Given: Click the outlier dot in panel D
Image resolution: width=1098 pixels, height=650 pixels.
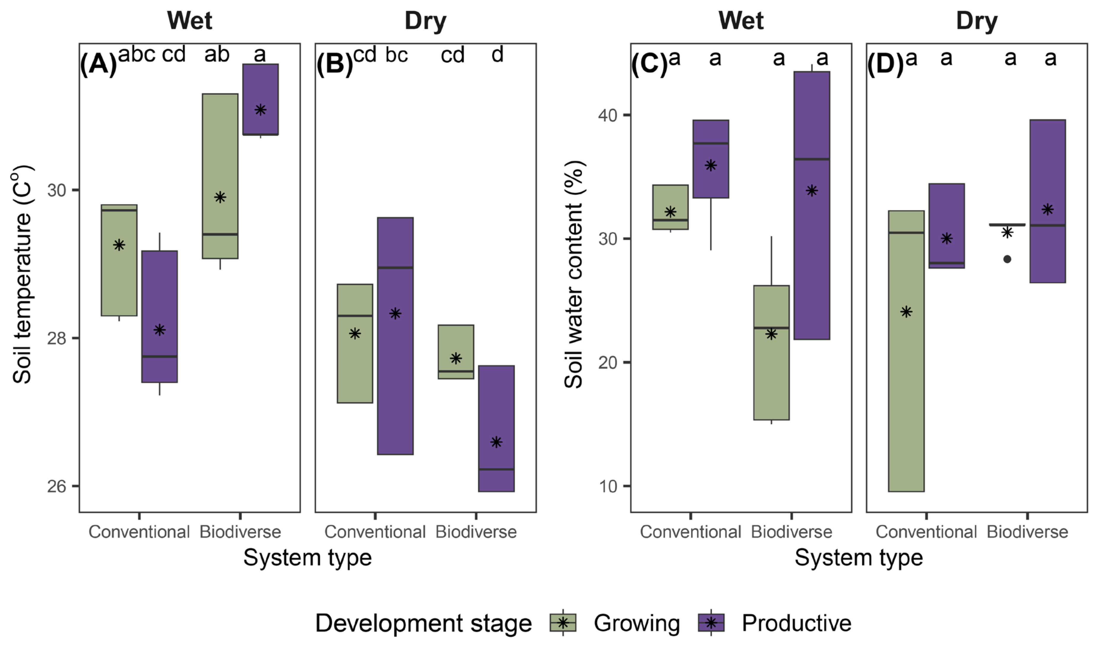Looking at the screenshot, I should (x=1007, y=259).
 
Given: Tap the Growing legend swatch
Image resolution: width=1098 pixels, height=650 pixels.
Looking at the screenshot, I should (x=563, y=622).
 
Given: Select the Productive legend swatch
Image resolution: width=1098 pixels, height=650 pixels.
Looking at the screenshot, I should (x=711, y=622).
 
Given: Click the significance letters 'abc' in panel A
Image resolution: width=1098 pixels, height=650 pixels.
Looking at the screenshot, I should (x=137, y=54).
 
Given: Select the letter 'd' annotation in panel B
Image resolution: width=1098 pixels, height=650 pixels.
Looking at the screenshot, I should (x=497, y=55).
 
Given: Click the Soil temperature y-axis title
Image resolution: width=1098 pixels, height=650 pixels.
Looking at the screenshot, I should (x=22, y=274).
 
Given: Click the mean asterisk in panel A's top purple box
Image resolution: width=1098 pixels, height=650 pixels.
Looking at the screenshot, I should (x=260, y=110).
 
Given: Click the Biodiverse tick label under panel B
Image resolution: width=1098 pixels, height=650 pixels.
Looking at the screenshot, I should (x=476, y=532).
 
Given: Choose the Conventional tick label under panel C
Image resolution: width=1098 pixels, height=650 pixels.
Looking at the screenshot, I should (x=690, y=532).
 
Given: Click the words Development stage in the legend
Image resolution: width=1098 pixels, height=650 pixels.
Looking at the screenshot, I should (x=423, y=623).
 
